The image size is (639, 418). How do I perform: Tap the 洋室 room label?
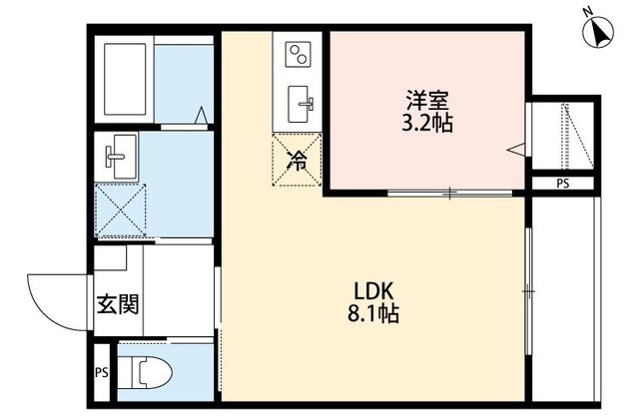pyautogui.click(x=426, y=100)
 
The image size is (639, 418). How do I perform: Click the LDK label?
pyautogui.click(x=375, y=290)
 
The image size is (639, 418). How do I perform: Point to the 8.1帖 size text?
pyautogui.click(x=375, y=312)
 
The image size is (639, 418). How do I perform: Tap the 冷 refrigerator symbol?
pyautogui.click(x=298, y=159)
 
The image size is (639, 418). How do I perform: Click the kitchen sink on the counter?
pyautogui.click(x=300, y=100)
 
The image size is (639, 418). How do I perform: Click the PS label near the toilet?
pyautogui.click(x=101, y=374)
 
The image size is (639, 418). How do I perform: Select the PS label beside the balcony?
pyautogui.click(x=564, y=184)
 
